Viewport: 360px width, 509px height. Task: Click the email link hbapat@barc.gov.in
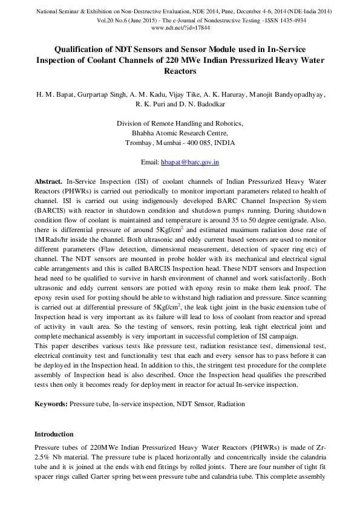tap(189, 162)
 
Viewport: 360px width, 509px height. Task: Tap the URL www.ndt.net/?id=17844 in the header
tap(180, 28)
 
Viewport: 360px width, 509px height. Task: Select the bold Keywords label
tap(51, 403)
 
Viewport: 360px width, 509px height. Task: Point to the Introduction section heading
tap(54, 434)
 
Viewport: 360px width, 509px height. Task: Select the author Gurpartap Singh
tap(100, 94)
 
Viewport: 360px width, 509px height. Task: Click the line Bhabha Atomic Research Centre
tap(180, 133)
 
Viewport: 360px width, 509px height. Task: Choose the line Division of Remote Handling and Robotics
tap(180, 123)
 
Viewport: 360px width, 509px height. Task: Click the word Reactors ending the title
tap(180, 71)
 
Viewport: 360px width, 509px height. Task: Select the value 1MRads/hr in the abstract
tap(51, 248)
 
